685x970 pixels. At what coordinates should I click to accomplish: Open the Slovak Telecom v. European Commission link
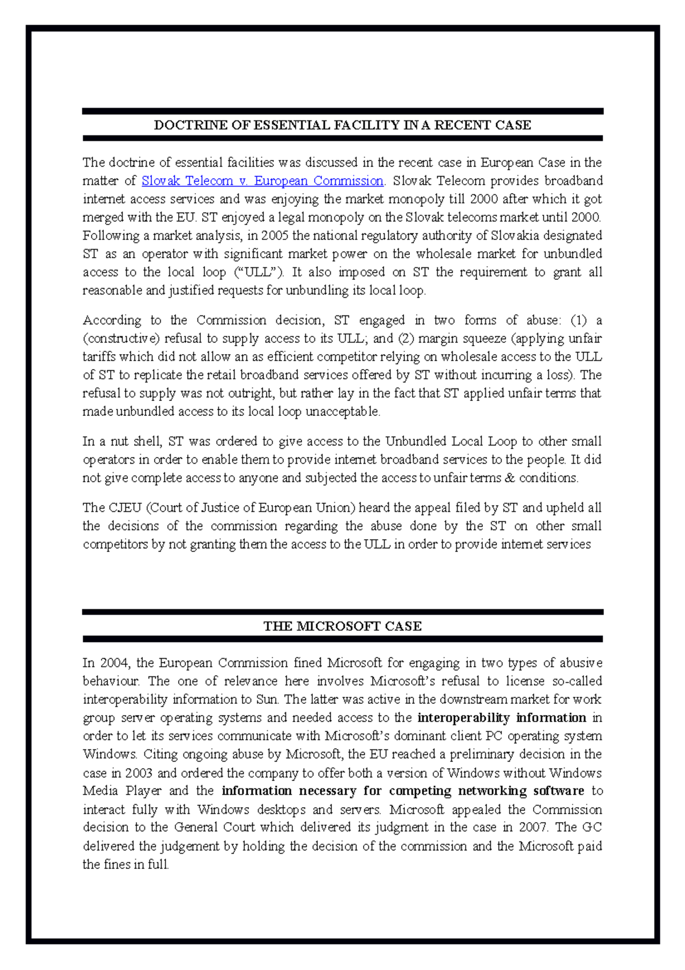pyautogui.click(x=262, y=181)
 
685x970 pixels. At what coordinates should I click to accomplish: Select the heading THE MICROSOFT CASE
pyautogui.click(x=342, y=626)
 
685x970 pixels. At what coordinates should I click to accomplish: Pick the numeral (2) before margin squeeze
pyautogui.click(x=406, y=339)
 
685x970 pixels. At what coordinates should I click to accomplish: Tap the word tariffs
pyautogui.click(x=98, y=357)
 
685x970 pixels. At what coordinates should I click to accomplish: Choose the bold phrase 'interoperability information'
pyautogui.click(x=502, y=718)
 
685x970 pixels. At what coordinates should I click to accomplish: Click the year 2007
pyautogui.click(x=533, y=828)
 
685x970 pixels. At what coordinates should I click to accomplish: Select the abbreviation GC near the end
pyautogui.click(x=592, y=828)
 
